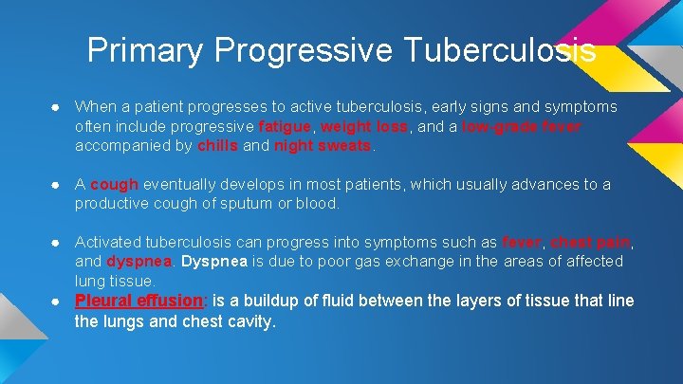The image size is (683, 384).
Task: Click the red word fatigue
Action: point(286,127)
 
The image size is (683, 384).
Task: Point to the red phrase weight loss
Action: point(365,127)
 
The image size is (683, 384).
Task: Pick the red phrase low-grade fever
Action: point(522,127)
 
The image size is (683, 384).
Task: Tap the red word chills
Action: point(218,146)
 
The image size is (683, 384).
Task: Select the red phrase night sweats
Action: point(323,146)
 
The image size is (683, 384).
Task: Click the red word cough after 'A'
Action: point(115,184)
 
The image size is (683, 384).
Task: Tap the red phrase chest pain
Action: point(590,241)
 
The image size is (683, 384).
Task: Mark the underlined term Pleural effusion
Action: point(139,302)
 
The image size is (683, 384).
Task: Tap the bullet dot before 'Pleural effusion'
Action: point(58,302)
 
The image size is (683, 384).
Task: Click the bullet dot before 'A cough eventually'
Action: point(58,184)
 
